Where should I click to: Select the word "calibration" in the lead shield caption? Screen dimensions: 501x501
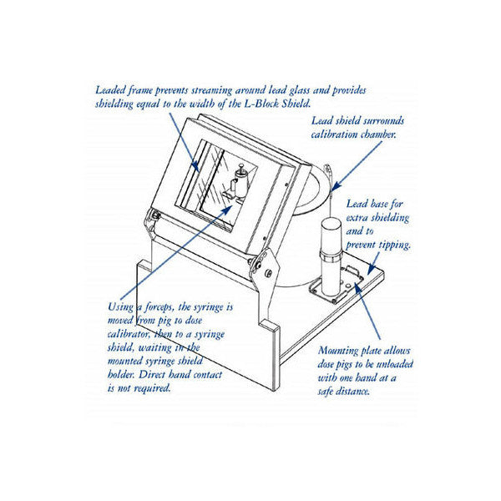pyautogui.click(x=331, y=134)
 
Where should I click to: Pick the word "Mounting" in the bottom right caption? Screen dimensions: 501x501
pyautogui.click(x=343, y=352)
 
